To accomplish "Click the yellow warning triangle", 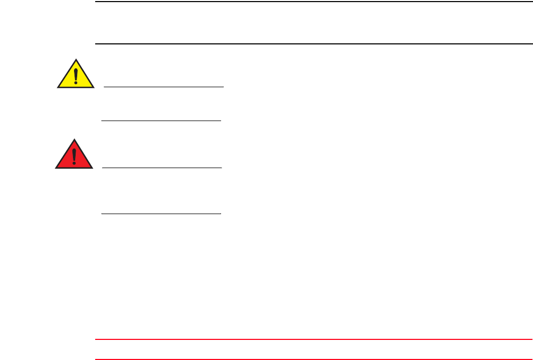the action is pyautogui.click(x=76, y=76).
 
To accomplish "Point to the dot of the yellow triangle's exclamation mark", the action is pyautogui.click(x=76, y=83).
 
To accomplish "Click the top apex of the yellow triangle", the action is pyautogui.click(x=76, y=60).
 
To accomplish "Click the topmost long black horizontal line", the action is pyautogui.click(x=312, y=2).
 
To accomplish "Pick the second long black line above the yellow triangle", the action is pyautogui.click(x=312, y=43).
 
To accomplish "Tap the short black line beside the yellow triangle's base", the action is pyautogui.click(x=164, y=87).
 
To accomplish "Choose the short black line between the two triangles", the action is pyautogui.click(x=161, y=121).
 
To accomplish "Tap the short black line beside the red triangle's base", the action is pyautogui.click(x=161, y=168).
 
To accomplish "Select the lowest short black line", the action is pyautogui.click(x=161, y=214).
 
